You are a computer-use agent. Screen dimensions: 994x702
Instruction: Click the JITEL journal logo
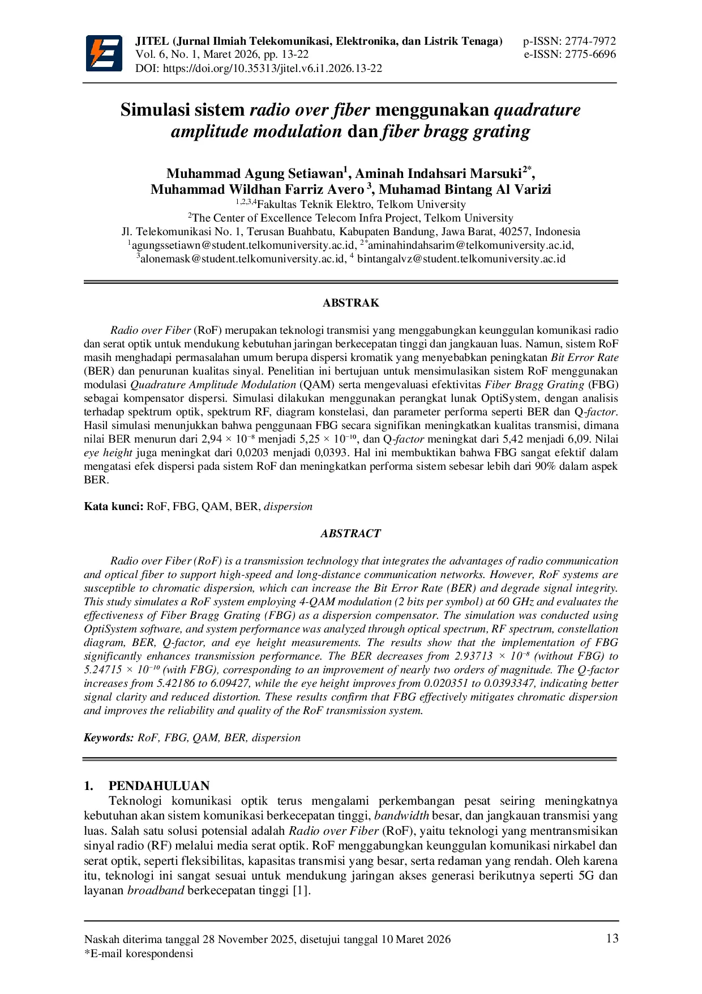(x=104, y=53)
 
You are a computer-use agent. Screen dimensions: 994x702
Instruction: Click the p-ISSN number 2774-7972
(x=590, y=41)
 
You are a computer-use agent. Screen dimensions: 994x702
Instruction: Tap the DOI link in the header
(x=272, y=69)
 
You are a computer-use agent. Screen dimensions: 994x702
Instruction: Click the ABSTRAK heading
(x=350, y=303)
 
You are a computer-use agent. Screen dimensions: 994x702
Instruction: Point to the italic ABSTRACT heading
(x=350, y=533)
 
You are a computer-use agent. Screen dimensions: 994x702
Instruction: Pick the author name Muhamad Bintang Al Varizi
(x=465, y=189)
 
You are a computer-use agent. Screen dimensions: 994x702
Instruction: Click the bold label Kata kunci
(x=113, y=506)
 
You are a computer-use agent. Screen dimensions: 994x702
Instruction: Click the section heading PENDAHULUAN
(x=159, y=785)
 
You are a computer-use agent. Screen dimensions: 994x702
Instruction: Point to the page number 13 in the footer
(x=612, y=938)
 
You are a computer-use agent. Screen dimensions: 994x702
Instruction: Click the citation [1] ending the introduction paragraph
(x=301, y=890)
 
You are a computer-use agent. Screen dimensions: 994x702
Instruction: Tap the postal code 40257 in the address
(x=513, y=232)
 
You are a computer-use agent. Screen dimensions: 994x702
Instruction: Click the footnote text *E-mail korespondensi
(x=139, y=953)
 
